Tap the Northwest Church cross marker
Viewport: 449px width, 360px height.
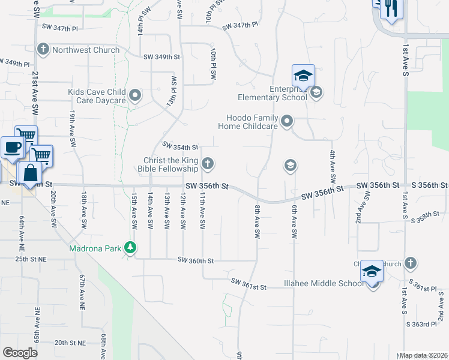coord(43,49)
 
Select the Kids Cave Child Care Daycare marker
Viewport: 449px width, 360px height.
coord(136,95)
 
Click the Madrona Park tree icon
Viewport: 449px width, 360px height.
coord(130,247)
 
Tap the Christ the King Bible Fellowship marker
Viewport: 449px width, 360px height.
coord(208,163)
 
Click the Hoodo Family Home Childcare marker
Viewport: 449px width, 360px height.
coord(287,121)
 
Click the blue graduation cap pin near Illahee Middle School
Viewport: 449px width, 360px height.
coord(372,273)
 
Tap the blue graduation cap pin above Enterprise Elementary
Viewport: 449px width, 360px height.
coord(303,77)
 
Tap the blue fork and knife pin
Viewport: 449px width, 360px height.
coord(391,8)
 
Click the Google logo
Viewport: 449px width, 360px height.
coord(20,353)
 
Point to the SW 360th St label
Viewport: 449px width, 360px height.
coord(196,260)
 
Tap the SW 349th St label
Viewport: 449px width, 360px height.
coord(161,57)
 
